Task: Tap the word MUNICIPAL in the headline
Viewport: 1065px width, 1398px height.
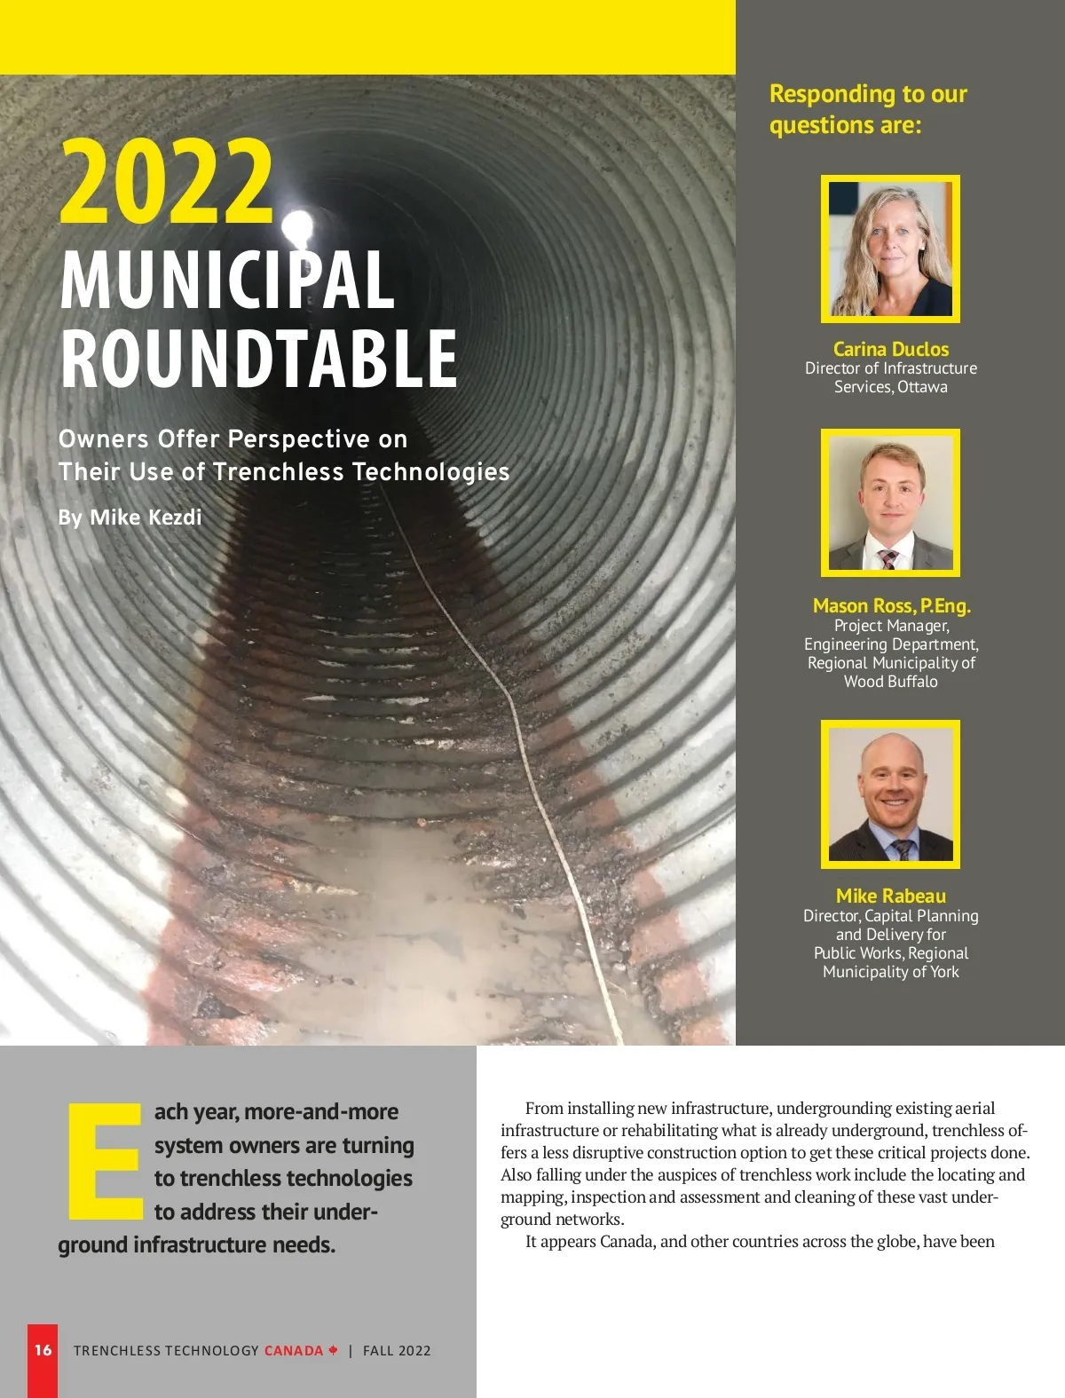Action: [227, 280]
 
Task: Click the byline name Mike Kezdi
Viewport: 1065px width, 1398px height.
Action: [146, 517]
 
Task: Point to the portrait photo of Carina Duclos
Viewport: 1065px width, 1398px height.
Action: [890, 249]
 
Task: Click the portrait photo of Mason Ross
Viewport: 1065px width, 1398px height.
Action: [890, 503]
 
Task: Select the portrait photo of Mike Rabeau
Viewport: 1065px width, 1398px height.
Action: [890, 794]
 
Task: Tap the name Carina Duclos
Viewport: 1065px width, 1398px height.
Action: [890, 349]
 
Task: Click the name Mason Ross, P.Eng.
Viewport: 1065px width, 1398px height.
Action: [891, 605]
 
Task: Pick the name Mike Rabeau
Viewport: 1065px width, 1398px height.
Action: [890, 896]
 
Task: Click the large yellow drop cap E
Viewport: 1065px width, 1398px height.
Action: [105, 1161]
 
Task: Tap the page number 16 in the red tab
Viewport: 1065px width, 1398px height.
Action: [43, 1350]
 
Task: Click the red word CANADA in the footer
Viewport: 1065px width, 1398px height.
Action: [294, 1351]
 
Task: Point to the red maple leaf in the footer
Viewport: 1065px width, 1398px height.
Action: [333, 1350]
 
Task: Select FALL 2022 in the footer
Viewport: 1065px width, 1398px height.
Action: [397, 1351]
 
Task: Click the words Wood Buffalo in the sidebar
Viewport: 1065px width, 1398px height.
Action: [890, 682]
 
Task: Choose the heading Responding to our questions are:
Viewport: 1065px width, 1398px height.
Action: [867, 109]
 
